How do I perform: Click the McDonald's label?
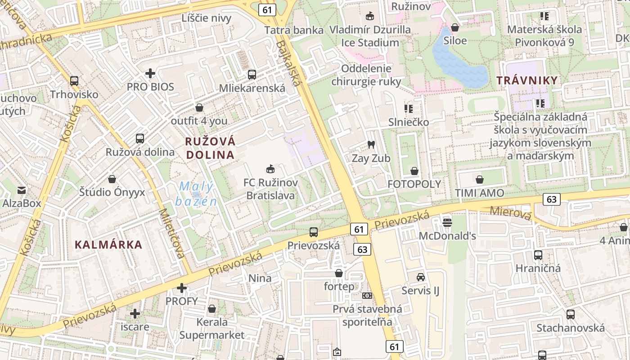coord(447,236)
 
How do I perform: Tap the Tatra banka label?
coord(294,30)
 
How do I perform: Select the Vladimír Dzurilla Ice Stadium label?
coord(370,36)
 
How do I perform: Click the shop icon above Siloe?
coord(455,27)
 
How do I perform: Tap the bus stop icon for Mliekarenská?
coord(252,75)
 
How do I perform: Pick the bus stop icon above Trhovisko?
coord(74,81)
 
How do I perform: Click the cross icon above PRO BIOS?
coord(150,73)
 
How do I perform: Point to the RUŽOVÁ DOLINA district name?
coord(210,148)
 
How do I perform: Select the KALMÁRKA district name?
coord(108,245)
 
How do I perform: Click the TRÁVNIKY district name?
coord(527,81)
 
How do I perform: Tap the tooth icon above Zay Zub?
coord(371,144)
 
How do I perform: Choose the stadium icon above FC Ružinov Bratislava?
coord(270,169)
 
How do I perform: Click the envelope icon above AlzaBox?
coord(22,190)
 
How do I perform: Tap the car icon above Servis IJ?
coord(421,277)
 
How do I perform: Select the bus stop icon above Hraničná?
coord(538,255)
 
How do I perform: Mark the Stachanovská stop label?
coord(570,327)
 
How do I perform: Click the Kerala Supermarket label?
coord(212,328)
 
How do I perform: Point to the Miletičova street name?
coord(172,233)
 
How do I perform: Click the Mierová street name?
coord(510,213)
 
